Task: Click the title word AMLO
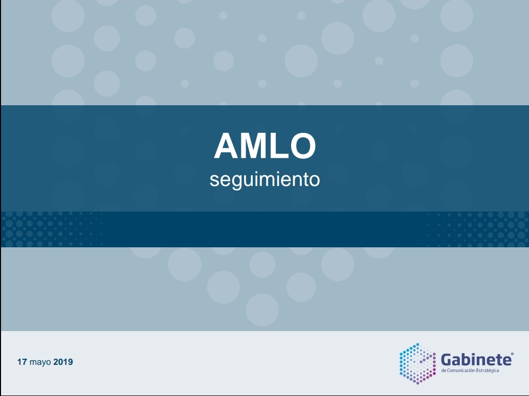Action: (265, 146)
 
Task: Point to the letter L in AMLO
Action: (279, 146)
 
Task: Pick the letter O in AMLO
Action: (303, 146)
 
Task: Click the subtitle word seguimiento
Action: (265, 180)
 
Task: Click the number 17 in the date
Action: (22, 362)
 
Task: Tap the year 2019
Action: (63, 362)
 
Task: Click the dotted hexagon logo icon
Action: (417, 364)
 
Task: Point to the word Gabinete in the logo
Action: (476, 360)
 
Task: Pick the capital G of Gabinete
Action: (447, 360)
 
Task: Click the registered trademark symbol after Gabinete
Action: (513, 354)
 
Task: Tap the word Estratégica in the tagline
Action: (488, 371)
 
